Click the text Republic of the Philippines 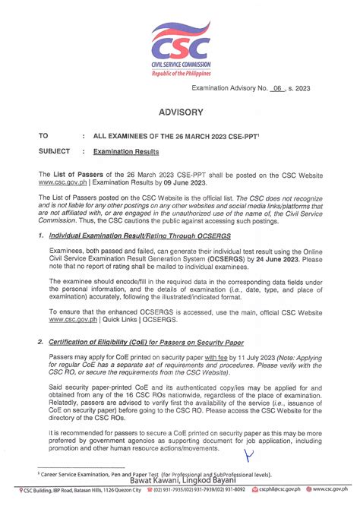click(x=180, y=74)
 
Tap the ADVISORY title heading click(x=181, y=112)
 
